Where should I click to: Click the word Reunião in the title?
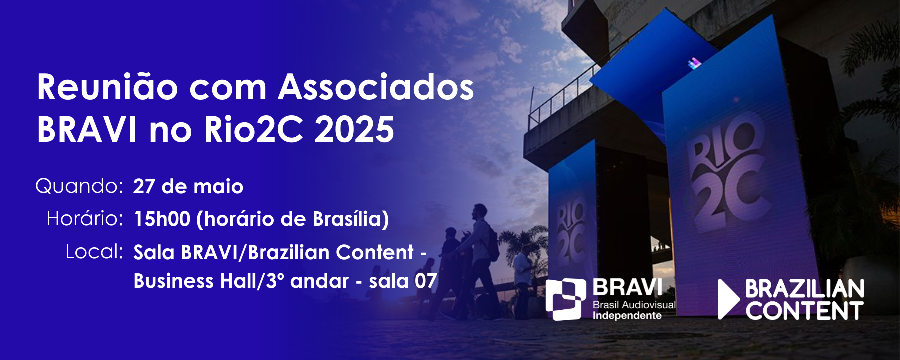108,87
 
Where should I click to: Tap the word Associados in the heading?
376,88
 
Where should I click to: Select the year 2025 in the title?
354,129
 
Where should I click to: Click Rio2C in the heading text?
254,129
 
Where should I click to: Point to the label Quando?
79,187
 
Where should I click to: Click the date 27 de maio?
188,187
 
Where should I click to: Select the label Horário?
85,219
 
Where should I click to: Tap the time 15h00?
162,219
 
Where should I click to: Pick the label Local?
94,252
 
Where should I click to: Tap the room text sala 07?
403,281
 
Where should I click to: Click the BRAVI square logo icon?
565,299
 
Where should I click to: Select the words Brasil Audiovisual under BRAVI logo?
634,305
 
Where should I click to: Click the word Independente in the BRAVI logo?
627,316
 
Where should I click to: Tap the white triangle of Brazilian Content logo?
728,299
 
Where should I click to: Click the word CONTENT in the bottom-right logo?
804,311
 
